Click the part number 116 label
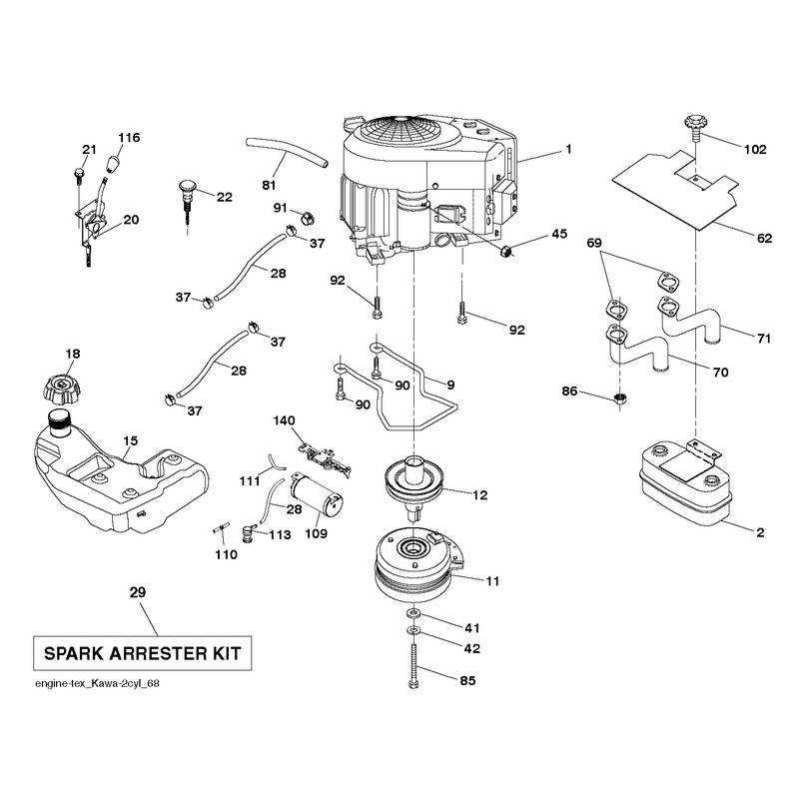click(x=129, y=138)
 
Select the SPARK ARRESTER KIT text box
click(x=142, y=653)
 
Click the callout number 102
click(x=755, y=149)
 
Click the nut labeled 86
click(x=619, y=399)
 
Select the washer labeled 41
click(x=413, y=611)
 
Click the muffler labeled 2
click(x=685, y=483)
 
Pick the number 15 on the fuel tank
click(x=131, y=440)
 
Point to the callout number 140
click(x=284, y=420)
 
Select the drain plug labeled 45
click(x=506, y=251)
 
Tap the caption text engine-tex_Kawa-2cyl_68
click(x=97, y=683)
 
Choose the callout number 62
click(x=764, y=238)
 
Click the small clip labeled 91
click(x=307, y=218)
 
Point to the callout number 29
click(x=138, y=592)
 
